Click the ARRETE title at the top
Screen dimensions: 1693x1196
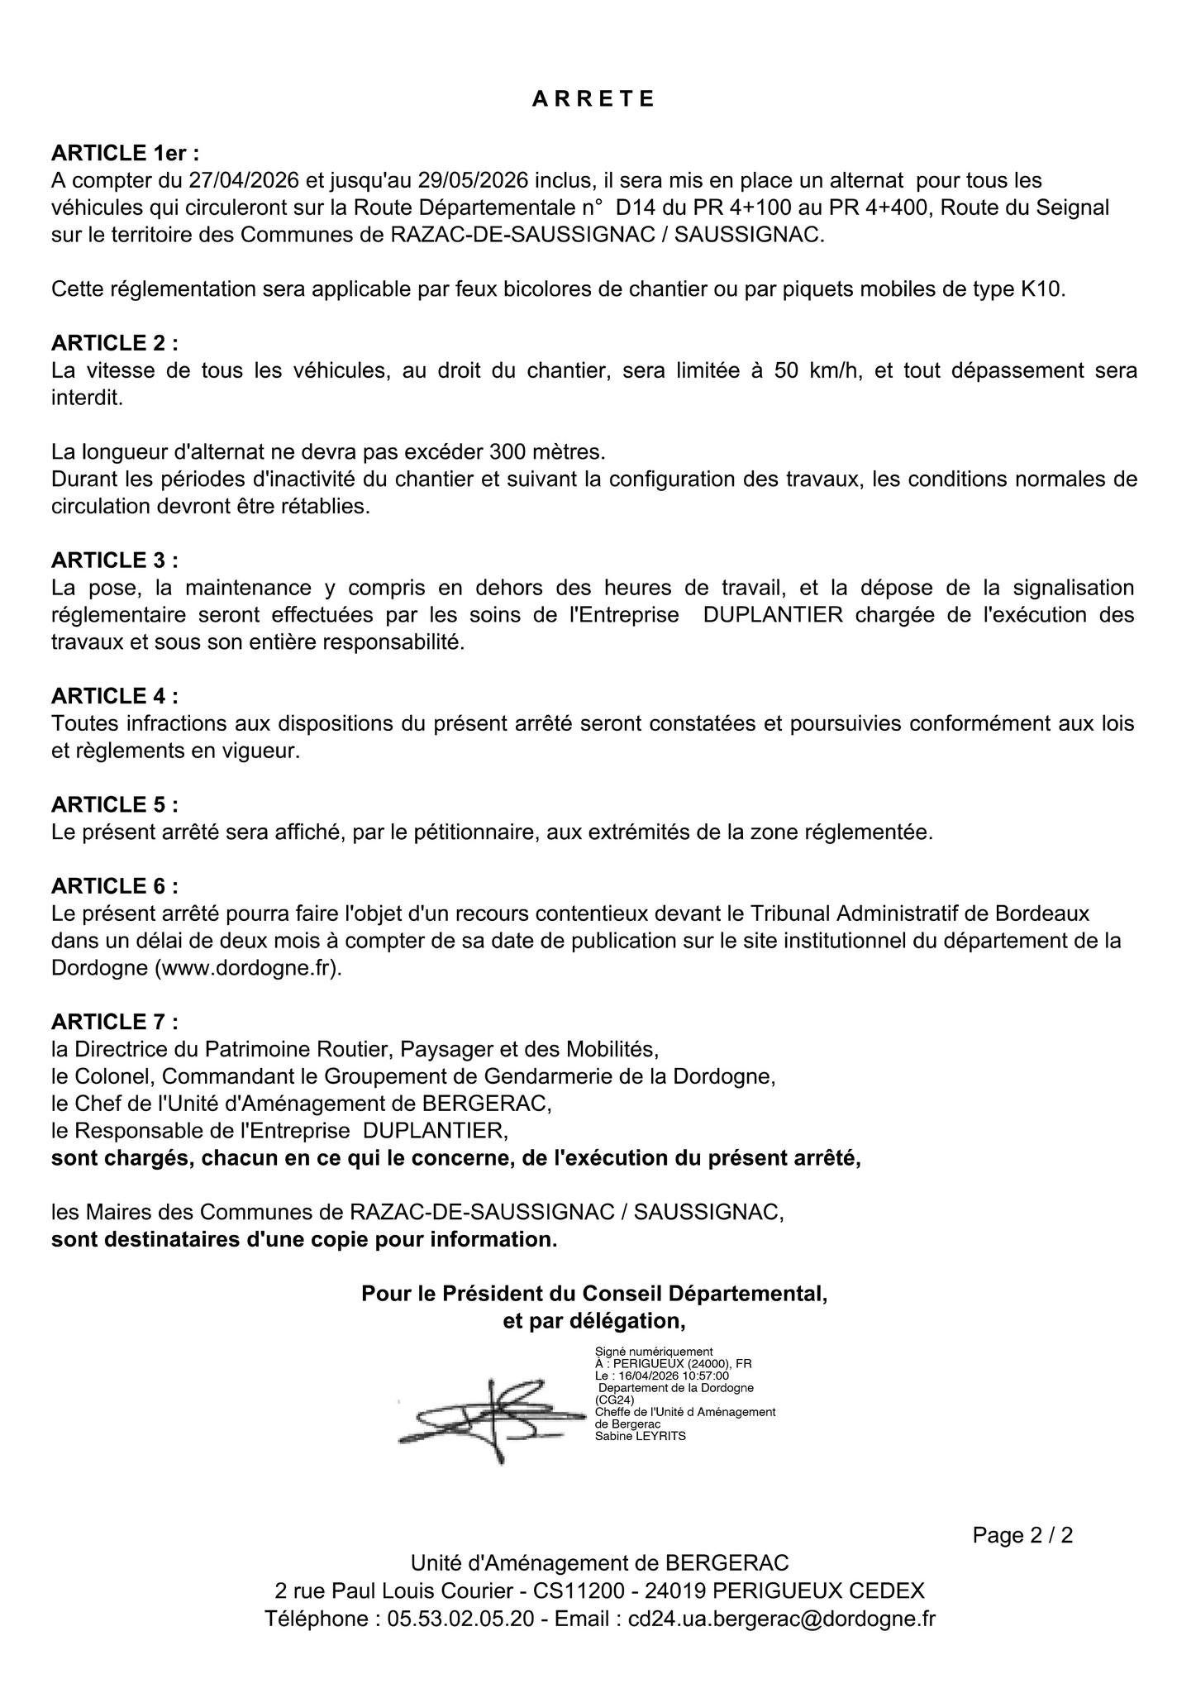click(593, 99)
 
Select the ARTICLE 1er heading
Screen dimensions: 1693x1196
click(125, 153)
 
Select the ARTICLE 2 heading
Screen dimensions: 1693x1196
click(114, 343)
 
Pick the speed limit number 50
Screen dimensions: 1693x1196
click(786, 370)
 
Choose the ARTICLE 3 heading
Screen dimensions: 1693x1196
click(114, 560)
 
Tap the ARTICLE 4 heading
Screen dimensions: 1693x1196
click(114, 696)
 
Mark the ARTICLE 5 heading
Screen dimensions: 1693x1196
click(114, 804)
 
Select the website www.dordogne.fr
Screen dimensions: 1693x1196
click(248, 968)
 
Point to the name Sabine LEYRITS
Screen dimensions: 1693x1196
click(640, 1436)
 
